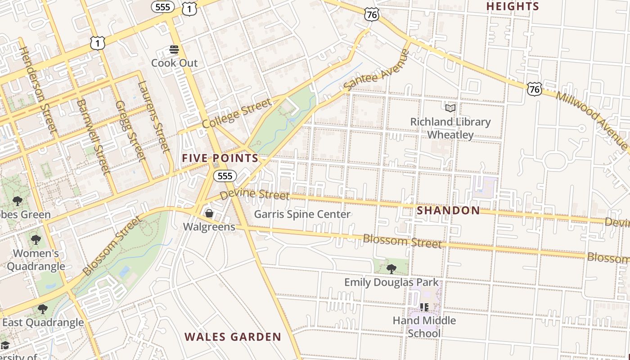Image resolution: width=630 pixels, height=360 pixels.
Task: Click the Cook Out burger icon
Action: tap(174, 49)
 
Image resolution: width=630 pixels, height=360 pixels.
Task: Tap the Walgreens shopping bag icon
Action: tap(209, 213)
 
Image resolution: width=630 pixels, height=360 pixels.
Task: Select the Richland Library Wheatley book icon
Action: tap(450, 108)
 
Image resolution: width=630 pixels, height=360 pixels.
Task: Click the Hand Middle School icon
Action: tap(424, 307)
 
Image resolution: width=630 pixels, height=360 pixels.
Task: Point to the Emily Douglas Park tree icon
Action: tap(391, 269)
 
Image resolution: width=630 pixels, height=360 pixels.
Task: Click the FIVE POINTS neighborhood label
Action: tap(220, 158)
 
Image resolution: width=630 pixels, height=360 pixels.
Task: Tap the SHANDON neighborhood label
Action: tap(448, 211)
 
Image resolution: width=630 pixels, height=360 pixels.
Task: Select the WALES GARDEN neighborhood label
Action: tap(233, 337)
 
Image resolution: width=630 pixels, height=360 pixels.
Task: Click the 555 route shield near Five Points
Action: tap(225, 176)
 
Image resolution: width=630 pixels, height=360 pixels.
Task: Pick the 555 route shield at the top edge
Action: tap(162, 7)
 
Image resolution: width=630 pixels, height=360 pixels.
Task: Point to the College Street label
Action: tap(237, 113)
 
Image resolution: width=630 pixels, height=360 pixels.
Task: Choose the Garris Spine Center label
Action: tap(302, 214)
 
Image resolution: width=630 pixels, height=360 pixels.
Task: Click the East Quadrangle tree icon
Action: tap(43, 309)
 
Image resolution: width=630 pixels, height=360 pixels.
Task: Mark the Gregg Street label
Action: tap(130, 130)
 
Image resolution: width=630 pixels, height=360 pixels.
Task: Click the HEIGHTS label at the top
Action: tap(513, 6)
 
